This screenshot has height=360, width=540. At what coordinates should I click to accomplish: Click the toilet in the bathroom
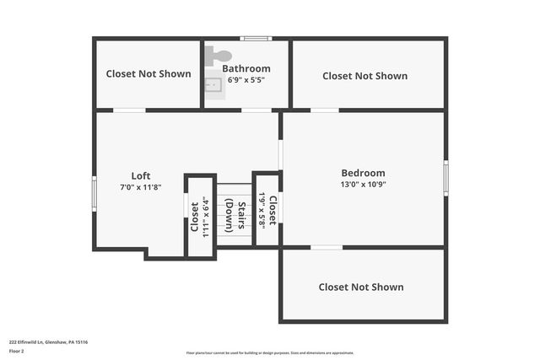[219, 55]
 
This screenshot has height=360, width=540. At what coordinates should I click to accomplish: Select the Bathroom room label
[246, 68]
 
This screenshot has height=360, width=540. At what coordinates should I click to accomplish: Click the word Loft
[141, 175]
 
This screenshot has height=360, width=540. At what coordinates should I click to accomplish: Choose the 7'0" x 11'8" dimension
[140, 187]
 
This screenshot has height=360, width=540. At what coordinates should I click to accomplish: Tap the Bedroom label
[363, 173]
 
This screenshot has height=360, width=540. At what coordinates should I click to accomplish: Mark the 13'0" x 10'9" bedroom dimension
[363, 184]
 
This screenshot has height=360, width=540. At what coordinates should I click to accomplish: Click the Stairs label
[241, 215]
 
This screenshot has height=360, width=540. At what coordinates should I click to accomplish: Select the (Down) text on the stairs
[229, 215]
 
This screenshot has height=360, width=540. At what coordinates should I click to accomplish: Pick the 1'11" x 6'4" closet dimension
[205, 218]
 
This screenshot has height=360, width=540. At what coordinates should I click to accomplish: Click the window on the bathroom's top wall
[255, 38]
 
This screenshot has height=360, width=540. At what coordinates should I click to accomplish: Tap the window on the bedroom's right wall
[445, 178]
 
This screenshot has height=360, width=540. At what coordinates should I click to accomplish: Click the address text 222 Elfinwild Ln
[49, 342]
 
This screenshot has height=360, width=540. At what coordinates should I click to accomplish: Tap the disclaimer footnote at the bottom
[270, 353]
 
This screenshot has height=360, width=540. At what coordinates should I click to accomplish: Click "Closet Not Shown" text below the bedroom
[361, 287]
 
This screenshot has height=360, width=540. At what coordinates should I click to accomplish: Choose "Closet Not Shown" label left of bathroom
[148, 73]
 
